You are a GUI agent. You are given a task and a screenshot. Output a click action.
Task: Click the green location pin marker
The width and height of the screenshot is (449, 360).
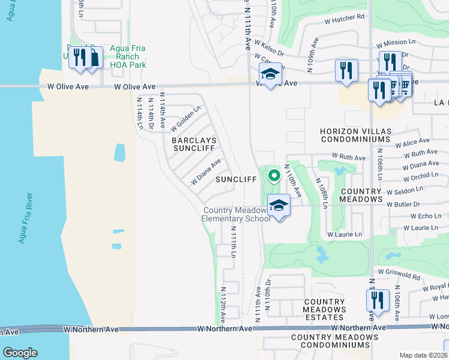(x=274, y=176)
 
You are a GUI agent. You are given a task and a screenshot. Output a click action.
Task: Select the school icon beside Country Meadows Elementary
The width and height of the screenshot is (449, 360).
(x=278, y=206)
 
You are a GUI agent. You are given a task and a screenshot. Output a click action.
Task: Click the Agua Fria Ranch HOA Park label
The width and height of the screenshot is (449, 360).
(x=130, y=57)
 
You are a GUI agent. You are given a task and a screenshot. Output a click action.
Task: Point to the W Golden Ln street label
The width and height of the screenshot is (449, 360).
(x=185, y=118)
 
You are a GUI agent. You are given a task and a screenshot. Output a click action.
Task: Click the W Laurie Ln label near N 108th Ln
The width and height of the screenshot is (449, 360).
(x=345, y=234)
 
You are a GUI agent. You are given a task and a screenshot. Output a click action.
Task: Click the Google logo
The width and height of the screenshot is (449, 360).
(x=19, y=353)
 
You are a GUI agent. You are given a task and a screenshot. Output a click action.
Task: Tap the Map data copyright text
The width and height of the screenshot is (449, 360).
(x=423, y=355)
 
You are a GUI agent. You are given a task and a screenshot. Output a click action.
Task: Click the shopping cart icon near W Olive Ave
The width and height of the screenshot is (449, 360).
(x=404, y=86)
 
